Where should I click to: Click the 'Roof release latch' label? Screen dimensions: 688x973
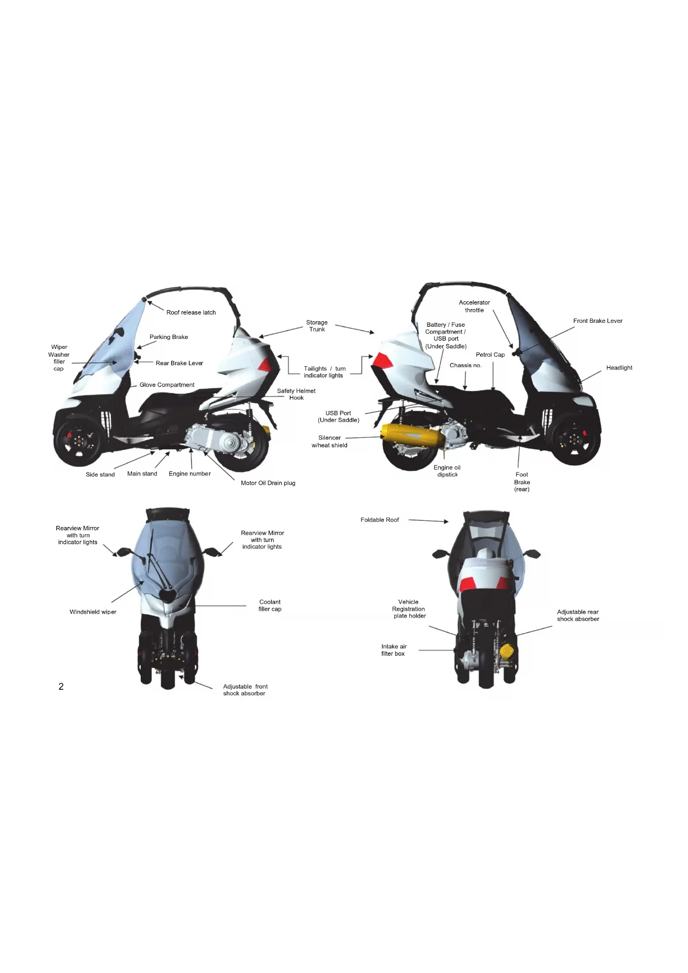click(x=191, y=312)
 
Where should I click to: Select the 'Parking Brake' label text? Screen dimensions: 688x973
click(x=169, y=337)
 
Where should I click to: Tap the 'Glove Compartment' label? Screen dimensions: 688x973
click(x=167, y=384)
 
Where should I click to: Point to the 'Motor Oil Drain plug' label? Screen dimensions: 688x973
click(x=268, y=483)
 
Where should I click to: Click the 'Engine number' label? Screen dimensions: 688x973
click(x=190, y=474)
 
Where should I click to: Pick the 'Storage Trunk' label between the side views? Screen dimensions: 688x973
click(x=317, y=326)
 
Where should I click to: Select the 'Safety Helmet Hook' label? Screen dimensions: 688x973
click(x=296, y=394)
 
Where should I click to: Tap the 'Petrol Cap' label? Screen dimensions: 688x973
click(x=490, y=354)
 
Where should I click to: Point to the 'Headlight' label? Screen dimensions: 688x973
click(x=619, y=367)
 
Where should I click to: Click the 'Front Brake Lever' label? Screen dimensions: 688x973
click(x=598, y=321)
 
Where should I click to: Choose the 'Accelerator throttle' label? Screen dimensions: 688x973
click(x=474, y=306)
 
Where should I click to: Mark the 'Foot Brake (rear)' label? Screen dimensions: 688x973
click(x=522, y=482)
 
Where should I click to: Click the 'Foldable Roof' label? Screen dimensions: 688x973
click(x=380, y=520)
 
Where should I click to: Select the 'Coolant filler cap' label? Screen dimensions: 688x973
click(x=270, y=605)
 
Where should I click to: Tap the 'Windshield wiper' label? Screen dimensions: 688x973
click(x=93, y=612)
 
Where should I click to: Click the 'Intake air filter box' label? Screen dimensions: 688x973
click(x=394, y=650)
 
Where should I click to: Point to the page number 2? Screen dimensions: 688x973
click(x=61, y=686)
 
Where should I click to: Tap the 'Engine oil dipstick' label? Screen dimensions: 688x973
click(x=447, y=471)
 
